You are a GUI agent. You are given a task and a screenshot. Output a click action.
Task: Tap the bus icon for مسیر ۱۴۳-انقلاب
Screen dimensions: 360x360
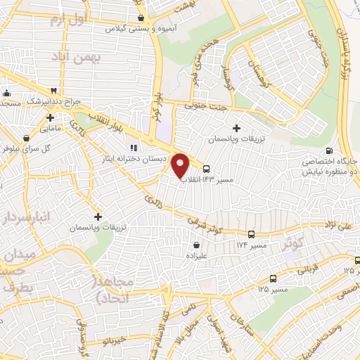pos(206,169)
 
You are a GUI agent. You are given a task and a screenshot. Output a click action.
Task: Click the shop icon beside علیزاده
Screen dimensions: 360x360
pos(196,245)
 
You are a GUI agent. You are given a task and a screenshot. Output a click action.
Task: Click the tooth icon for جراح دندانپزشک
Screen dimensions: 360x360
pos(53,91)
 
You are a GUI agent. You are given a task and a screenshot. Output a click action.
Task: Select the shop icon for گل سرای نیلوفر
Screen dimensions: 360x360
pos(25,139)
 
